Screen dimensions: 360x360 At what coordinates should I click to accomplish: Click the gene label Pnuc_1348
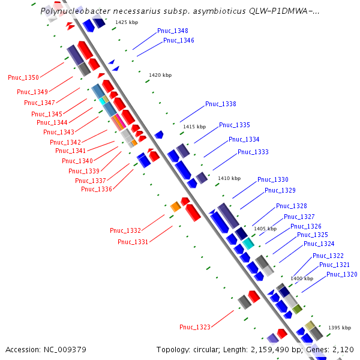(172, 31)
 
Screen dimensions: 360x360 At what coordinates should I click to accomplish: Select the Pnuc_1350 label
(23, 77)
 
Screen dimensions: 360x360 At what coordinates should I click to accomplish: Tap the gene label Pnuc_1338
(220, 104)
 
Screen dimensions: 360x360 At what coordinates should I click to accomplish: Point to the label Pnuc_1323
(194, 327)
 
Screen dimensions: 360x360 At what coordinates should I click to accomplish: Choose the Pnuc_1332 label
(125, 230)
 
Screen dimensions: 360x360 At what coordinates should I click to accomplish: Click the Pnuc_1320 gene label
(341, 274)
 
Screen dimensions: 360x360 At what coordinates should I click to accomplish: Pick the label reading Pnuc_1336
(97, 190)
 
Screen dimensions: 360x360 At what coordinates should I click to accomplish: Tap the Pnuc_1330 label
(272, 179)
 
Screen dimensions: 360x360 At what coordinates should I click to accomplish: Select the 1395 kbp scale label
(339, 328)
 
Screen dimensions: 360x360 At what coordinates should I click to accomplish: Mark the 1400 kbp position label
(302, 278)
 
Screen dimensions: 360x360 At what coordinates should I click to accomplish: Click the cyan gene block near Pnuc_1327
(248, 243)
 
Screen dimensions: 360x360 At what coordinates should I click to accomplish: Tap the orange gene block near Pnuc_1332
(175, 206)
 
